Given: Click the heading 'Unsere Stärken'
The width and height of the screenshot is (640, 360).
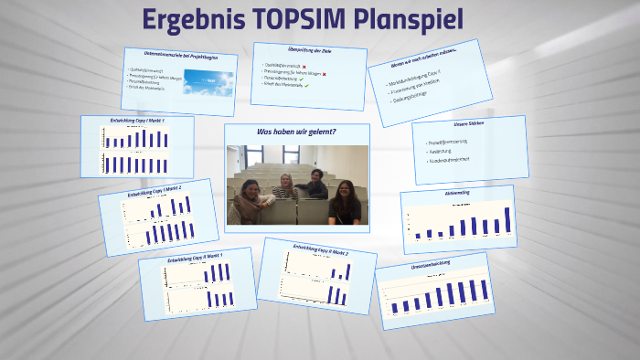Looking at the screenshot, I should click(x=473, y=124).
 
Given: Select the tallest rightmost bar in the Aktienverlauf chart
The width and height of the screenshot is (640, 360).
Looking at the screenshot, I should click(x=508, y=220).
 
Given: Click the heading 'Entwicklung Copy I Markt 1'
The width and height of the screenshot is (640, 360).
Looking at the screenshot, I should click(x=137, y=121).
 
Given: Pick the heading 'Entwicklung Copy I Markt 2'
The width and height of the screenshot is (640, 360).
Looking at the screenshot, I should click(x=156, y=191).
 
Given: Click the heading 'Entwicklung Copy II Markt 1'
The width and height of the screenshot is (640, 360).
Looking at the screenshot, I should click(x=194, y=258).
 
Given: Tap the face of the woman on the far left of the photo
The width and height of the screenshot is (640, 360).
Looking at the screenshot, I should click(x=250, y=189).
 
